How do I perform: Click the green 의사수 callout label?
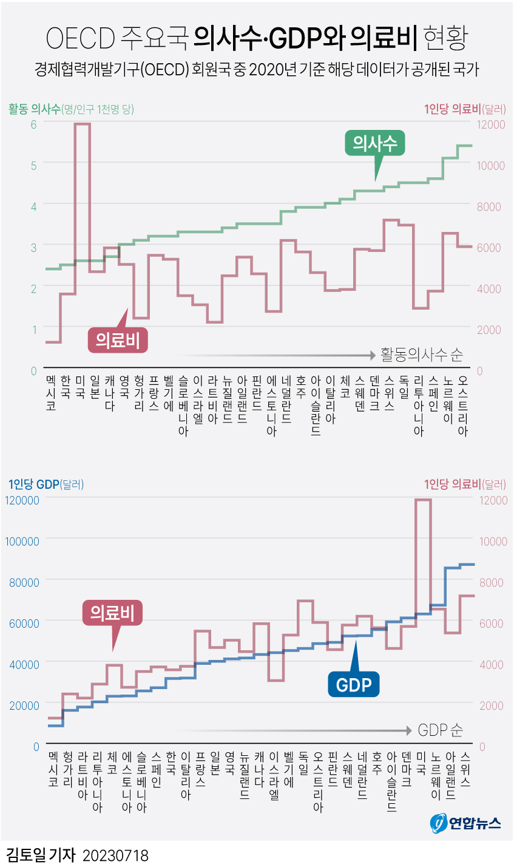pos(374,144)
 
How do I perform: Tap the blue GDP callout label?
pos(353,685)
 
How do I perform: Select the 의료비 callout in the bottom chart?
pos(112,613)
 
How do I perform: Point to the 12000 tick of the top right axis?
pos(490,124)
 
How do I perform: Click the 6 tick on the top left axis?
pos(33,124)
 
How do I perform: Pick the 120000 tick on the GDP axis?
pos(22,500)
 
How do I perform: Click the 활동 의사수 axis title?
pos(34,109)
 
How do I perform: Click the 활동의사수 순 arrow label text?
pos(422,355)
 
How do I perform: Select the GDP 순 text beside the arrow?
pos(441,730)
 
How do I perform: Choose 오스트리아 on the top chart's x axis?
pos(463,406)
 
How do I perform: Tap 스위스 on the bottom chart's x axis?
pos(465,769)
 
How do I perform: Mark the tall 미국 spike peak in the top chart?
pos(83,124)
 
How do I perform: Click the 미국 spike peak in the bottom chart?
pos(423,500)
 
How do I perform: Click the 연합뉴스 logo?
pos(466,823)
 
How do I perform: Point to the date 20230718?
pos(115,855)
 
